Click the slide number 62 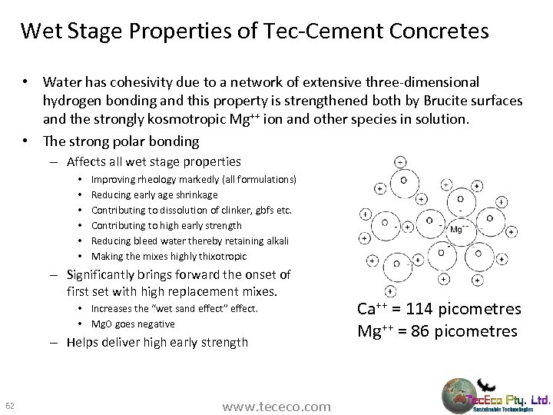point(10,405)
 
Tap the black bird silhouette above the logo point(486,384)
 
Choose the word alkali point(274,241)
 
